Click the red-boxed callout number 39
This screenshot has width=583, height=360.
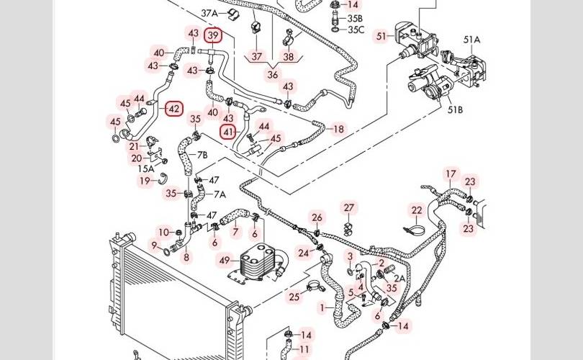(x=212, y=35)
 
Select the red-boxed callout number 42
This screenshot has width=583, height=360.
(x=173, y=109)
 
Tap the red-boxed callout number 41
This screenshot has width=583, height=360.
(x=229, y=132)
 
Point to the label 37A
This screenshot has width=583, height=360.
(x=209, y=13)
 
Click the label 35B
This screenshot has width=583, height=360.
(x=356, y=18)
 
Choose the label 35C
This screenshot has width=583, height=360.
(x=356, y=30)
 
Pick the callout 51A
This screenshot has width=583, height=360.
(x=471, y=40)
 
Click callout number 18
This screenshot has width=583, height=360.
(x=338, y=129)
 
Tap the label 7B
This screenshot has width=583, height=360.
(x=202, y=155)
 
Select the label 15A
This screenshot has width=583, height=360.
(x=146, y=168)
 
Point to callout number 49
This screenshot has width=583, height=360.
(x=224, y=260)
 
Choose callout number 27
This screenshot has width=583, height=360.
(x=349, y=208)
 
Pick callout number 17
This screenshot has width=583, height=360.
(x=451, y=174)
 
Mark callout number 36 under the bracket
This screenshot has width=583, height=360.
(x=273, y=74)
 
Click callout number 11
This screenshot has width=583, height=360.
(x=305, y=349)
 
